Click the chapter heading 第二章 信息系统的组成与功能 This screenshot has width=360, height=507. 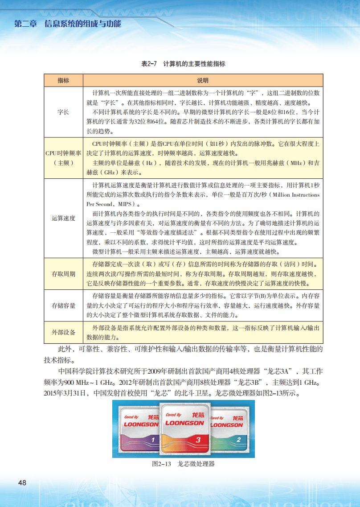[x=68, y=24]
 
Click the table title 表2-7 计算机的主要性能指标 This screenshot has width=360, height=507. [x=183, y=64]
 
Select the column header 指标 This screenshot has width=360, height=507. [x=63, y=81]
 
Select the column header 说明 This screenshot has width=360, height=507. [x=203, y=81]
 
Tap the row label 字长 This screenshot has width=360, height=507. [x=63, y=112]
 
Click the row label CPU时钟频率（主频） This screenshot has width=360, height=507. [x=63, y=157]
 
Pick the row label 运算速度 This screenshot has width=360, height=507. [x=63, y=218]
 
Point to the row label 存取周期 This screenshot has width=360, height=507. [x=63, y=273]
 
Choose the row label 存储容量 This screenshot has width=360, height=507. [x=63, y=305]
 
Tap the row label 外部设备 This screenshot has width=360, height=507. [x=63, y=332]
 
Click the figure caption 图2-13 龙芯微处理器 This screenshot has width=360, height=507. [x=183, y=464]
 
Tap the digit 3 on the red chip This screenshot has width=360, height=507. [x=185, y=440]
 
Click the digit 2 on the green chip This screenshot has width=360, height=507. [x=239, y=439]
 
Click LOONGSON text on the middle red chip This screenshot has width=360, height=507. [x=184, y=423]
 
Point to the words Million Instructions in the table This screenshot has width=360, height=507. [x=296, y=195]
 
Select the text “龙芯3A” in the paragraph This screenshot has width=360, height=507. [x=279, y=371]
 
